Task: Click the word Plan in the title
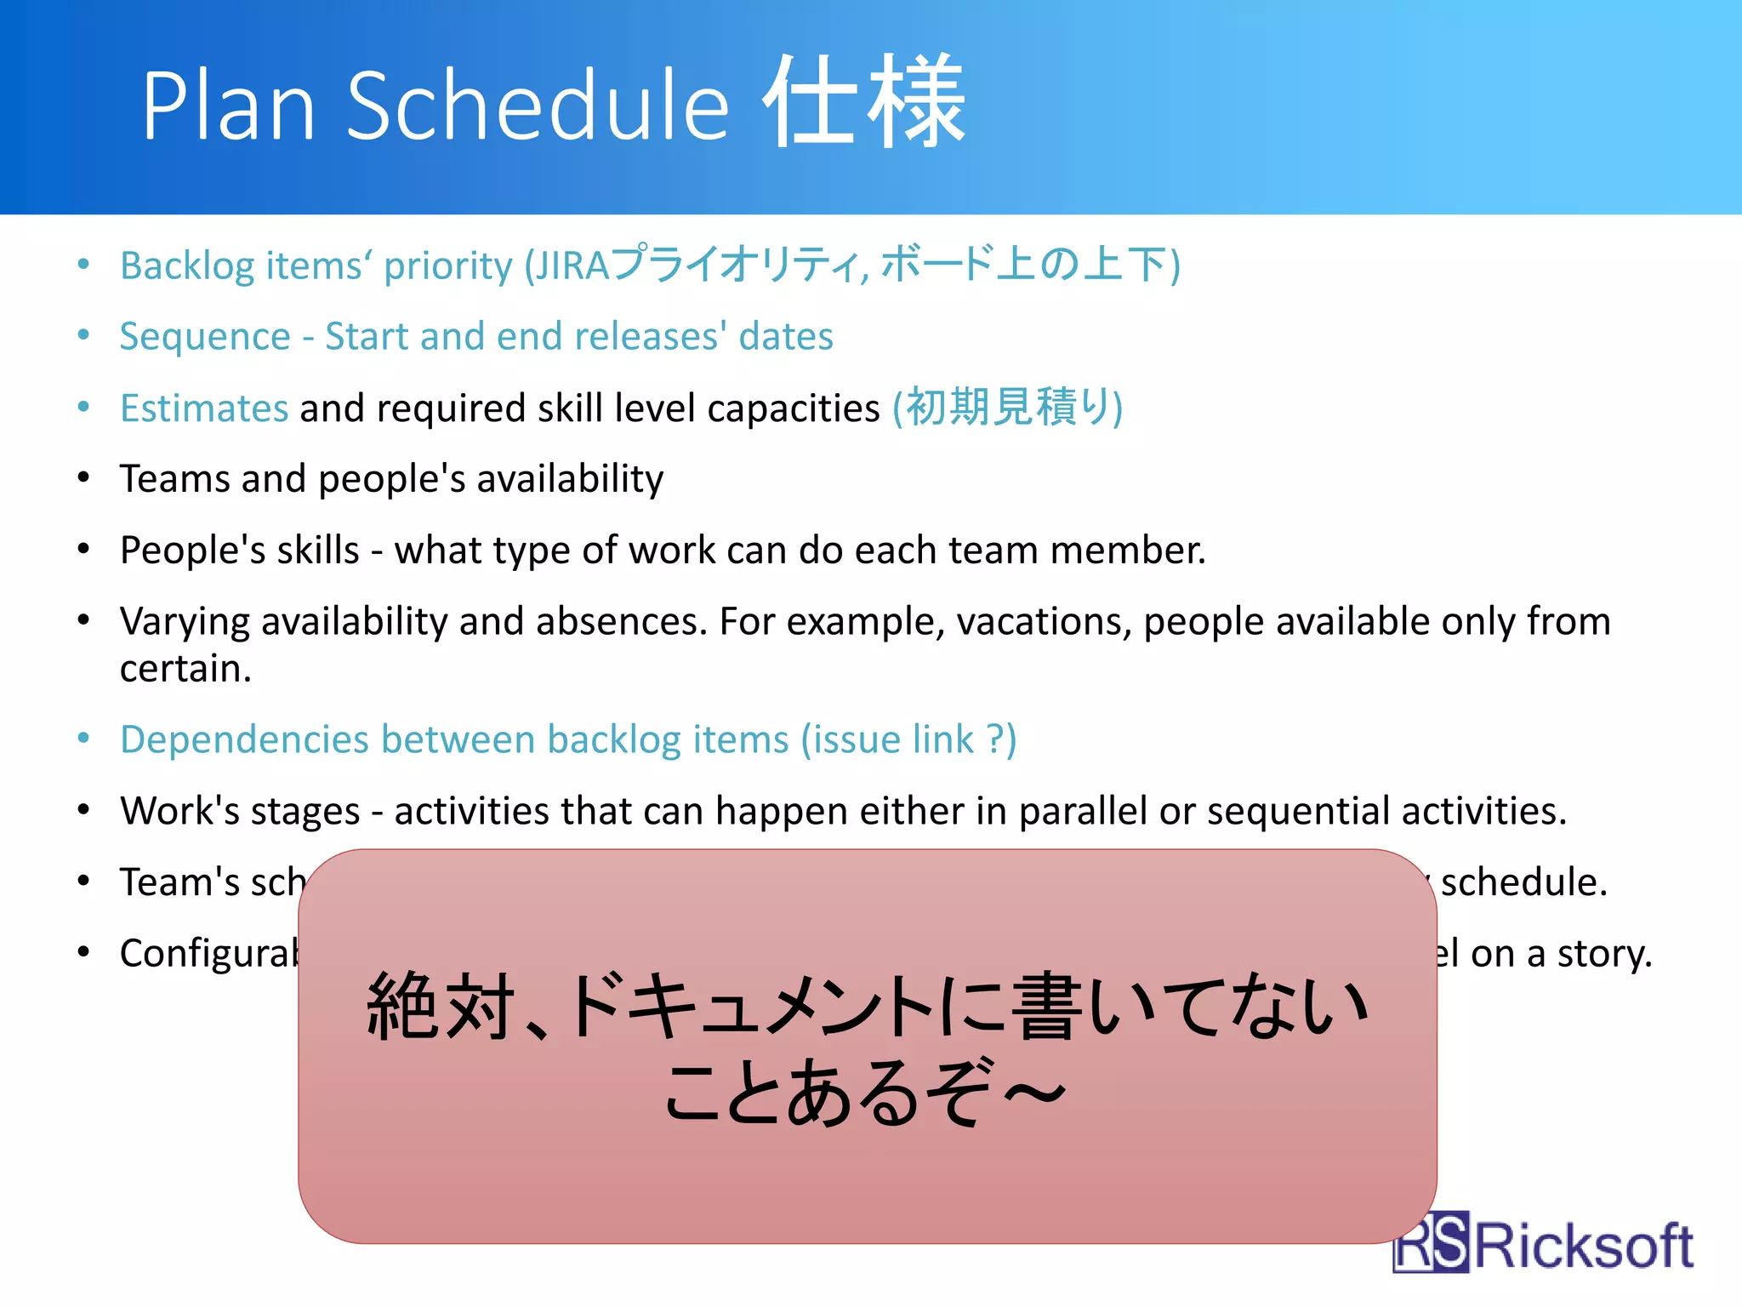point(228,106)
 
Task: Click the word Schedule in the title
point(538,106)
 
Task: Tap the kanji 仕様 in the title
point(862,102)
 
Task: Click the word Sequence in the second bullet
point(205,337)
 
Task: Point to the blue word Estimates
point(204,408)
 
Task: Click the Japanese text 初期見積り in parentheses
point(1007,408)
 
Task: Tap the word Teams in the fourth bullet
point(174,479)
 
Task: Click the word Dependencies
point(242,739)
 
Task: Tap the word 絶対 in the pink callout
point(441,1007)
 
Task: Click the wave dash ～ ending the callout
point(1033,1093)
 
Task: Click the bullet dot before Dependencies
point(83,739)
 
